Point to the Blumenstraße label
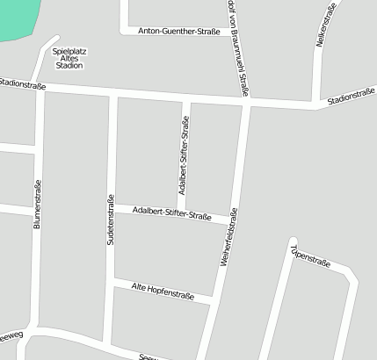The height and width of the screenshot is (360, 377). click(x=38, y=204)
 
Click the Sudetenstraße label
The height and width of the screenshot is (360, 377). click(x=111, y=219)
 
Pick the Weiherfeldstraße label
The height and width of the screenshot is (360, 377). click(x=227, y=237)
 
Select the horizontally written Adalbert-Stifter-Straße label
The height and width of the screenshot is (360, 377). click(x=171, y=213)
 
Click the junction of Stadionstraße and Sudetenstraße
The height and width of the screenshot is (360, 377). click(x=112, y=93)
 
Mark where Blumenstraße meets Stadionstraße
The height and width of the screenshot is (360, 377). click(x=41, y=88)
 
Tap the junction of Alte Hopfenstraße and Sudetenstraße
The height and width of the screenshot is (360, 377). click(x=110, y=281)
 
